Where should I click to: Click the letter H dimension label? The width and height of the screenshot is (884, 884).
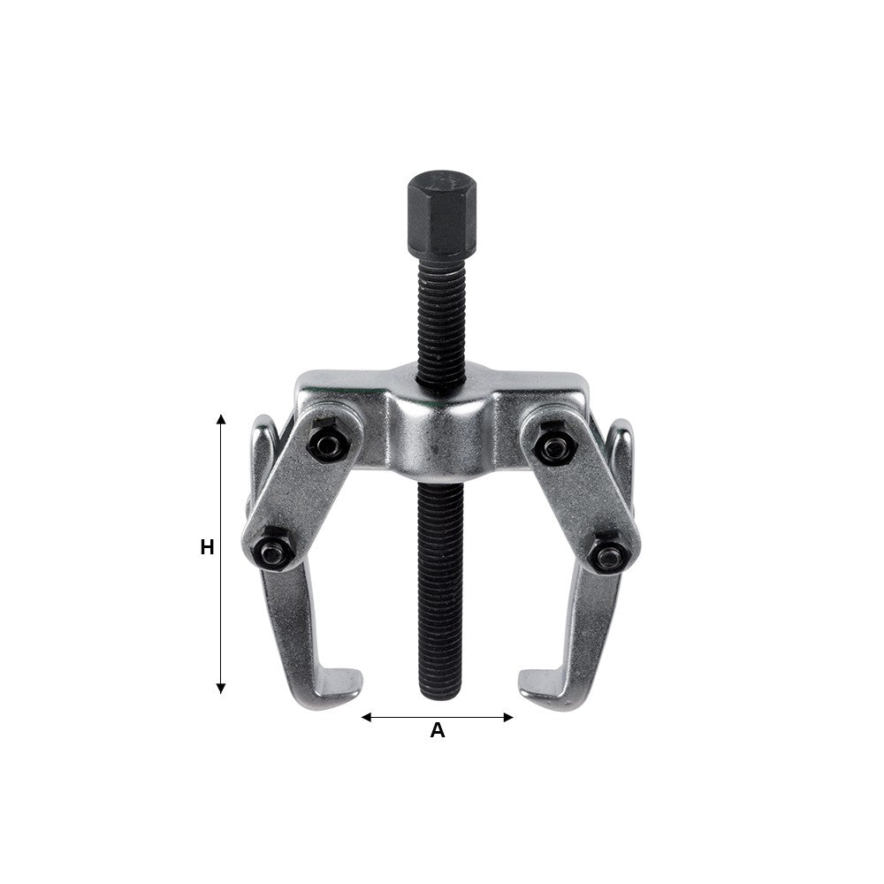pyautogui.click(x=207, y=548)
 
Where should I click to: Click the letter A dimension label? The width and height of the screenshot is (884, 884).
pyautogui.click(x=437, y=731)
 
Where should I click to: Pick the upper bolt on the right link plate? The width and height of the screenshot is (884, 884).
pyautogui.click(x=555, y=445)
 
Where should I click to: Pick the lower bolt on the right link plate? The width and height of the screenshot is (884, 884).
pyautogui.click(x=608, y=554)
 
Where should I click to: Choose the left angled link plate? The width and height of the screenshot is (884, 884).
pyautogui.click(x=301, y=495)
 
